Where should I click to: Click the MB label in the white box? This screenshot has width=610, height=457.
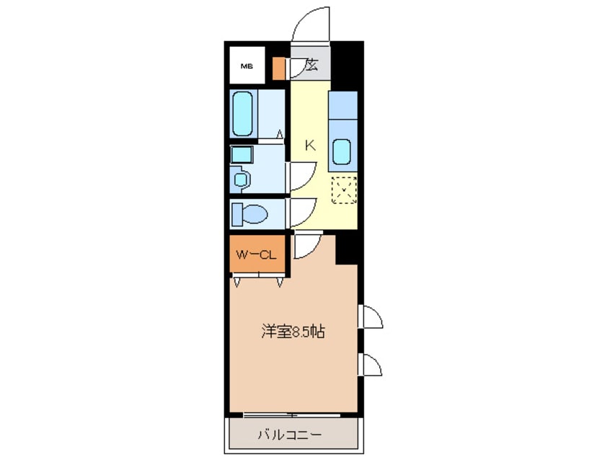coord(247,66)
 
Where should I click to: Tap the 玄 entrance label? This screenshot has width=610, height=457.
coord(311,66)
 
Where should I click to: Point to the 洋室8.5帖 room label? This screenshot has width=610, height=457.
coord(292,332)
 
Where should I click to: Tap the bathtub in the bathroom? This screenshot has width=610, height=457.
coord(243,113)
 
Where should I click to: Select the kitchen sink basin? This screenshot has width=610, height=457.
coord(342,152)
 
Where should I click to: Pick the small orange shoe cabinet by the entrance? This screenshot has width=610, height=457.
coord(279,67)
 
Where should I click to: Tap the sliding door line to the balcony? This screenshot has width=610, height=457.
coord(270,414)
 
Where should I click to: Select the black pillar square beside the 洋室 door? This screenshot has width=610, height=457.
coord(347,248)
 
